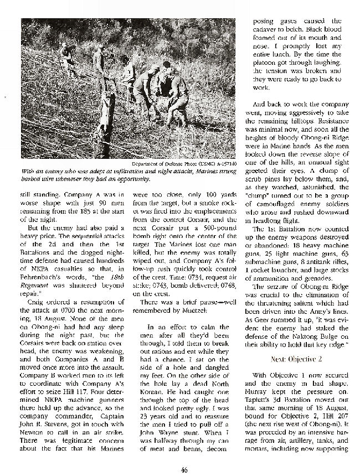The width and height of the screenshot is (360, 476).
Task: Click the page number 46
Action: click(x=182, y=469)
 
